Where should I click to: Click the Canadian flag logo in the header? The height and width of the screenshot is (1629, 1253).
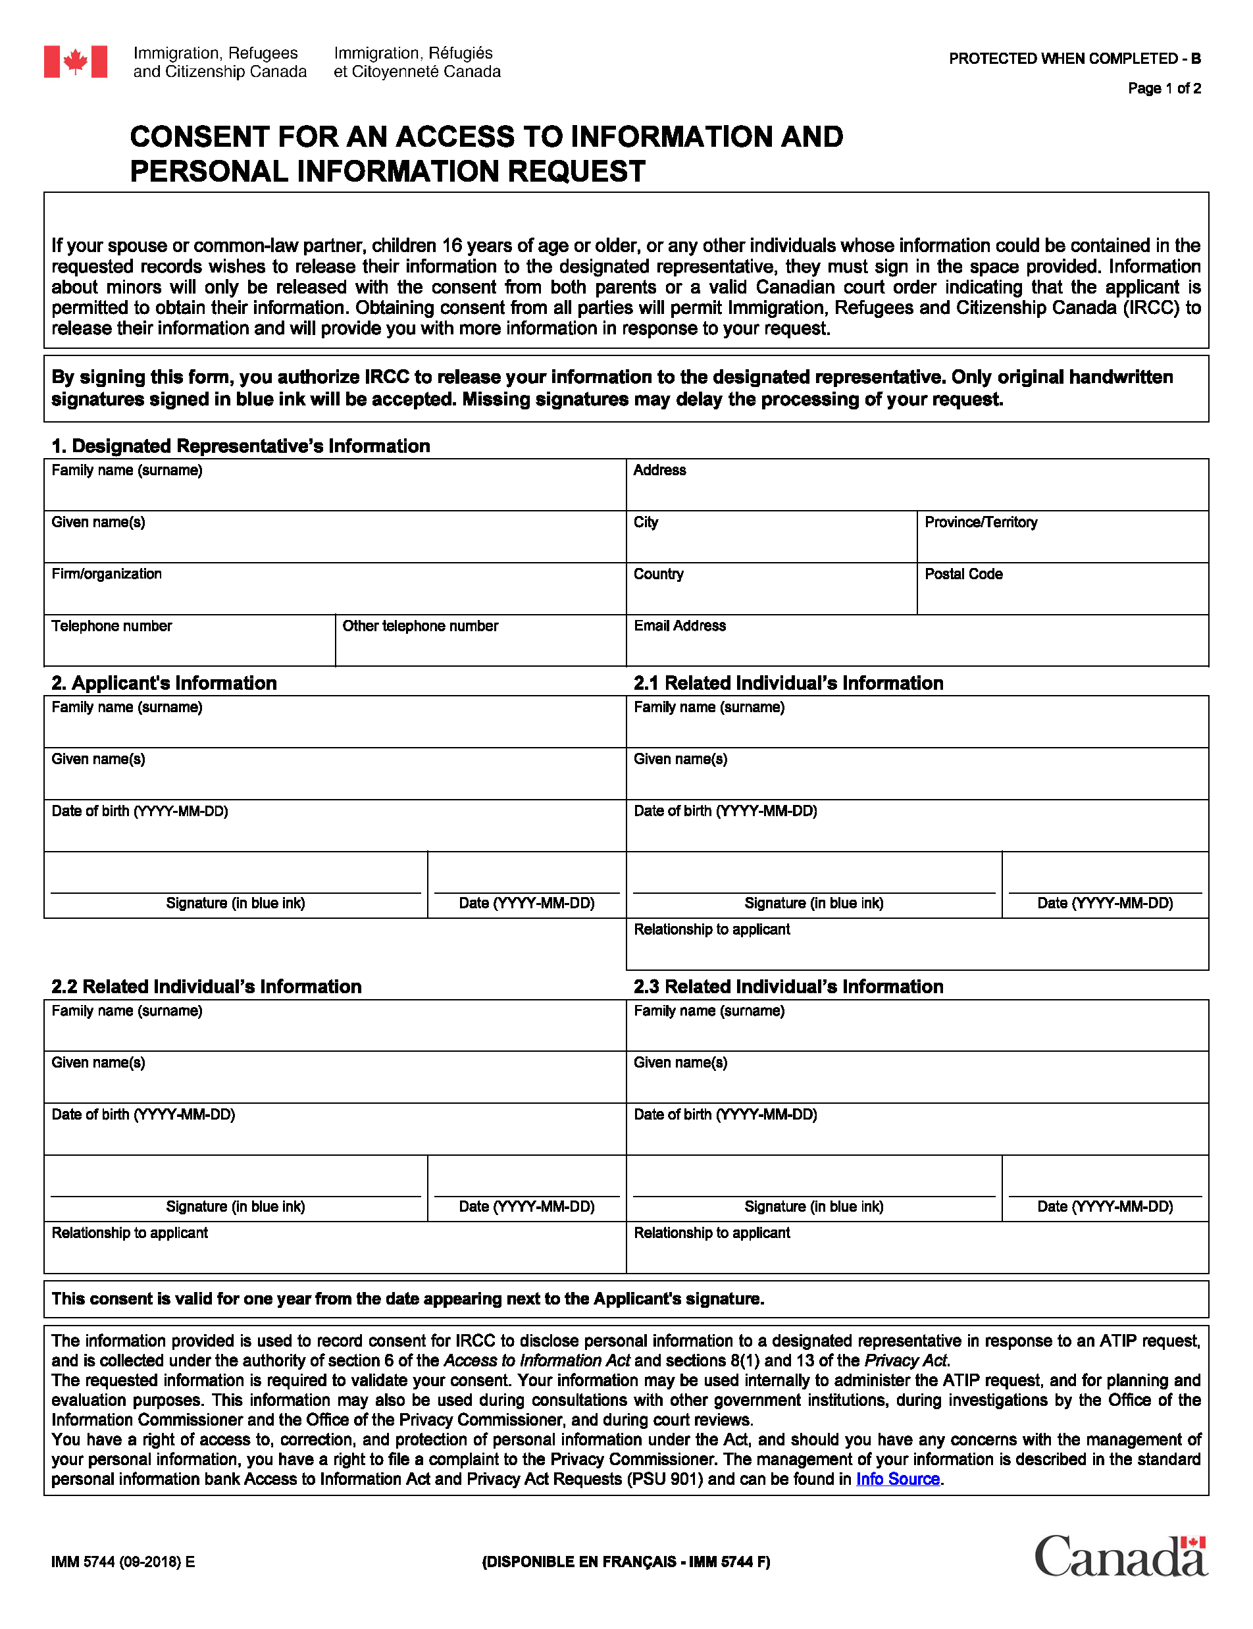[75, 62]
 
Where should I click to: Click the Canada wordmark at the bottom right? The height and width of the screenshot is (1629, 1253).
[1120, 1557]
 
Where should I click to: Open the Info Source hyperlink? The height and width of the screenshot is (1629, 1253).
[897, 1479]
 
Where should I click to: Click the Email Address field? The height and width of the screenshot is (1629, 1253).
[917, 646]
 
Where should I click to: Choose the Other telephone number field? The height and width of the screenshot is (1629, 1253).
[480, 646]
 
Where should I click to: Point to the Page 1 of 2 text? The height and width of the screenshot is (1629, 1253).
[1163, 89]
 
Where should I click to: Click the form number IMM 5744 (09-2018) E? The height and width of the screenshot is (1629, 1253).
[123, 1562]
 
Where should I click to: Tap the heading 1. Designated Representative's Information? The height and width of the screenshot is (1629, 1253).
[240, 446]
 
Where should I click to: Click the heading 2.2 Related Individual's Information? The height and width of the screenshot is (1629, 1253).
[207, 986]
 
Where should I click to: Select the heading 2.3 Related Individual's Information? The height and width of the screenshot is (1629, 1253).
[788, 986]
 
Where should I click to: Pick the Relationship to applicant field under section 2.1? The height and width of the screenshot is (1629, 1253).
[917, 950]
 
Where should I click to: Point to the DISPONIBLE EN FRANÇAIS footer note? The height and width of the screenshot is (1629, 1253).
[626, 1562]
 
